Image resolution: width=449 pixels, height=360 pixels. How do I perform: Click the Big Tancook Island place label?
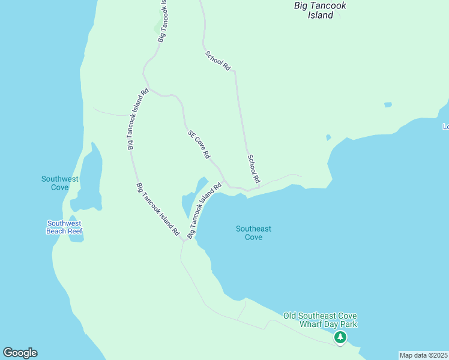(x=320, y=10)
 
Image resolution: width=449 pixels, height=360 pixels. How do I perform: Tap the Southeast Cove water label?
(x=253, y=233)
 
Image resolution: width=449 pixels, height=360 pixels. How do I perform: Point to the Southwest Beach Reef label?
(x=64, y=227)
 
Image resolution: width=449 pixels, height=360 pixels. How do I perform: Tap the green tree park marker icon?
(x=340, y=338)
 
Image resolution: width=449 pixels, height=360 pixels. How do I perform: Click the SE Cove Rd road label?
(x=199, y=145)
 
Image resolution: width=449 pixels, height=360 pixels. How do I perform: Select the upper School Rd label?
(x=217, y=61)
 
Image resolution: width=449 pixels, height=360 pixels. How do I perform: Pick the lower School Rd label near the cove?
(x=254, y=169)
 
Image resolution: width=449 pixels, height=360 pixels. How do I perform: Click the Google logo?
(x=20, y=353)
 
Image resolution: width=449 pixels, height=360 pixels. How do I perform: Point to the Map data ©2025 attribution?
(x=424, y=355)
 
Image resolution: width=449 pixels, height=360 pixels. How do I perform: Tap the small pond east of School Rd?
(x=388, y=105)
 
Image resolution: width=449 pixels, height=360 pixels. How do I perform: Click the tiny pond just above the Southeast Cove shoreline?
(x=328, y=137)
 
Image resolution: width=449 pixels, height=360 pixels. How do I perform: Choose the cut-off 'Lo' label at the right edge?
(x=445, y=127)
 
